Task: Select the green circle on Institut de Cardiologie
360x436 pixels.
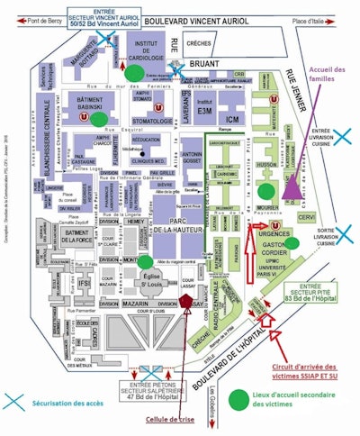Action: click(135, 71)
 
